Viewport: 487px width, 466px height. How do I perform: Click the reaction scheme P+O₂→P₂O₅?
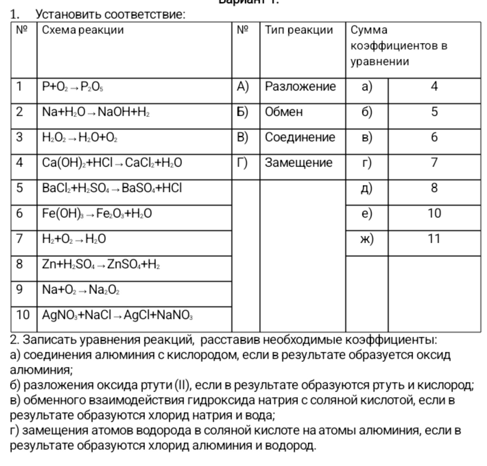click(73, 87)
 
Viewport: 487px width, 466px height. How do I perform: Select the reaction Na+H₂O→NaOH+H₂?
click(96, 112)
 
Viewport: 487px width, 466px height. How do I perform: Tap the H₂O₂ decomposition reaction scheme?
click(80, 137)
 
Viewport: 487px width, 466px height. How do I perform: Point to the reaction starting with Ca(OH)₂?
click(112, 163)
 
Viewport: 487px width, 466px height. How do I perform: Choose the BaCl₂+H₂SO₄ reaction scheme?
click(112, 188)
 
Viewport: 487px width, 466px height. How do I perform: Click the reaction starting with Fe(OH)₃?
click(97, 214)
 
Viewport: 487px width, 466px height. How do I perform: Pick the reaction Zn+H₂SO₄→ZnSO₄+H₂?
click(101, 264)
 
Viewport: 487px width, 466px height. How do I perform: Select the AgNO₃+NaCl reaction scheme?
click(117, 315)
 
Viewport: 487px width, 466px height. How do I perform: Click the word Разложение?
click(300, 86)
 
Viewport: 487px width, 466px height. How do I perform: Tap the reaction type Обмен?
click(284, 112)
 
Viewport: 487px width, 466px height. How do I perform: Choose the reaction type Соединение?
click(300, 137)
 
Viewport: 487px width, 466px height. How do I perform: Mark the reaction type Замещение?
click(299, 163)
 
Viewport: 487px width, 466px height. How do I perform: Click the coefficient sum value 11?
click(434, 239)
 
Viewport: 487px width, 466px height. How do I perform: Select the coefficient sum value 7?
click(434, 163)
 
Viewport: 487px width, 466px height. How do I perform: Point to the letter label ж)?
click(367, 239)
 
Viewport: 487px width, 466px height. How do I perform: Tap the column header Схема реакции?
click(83, 30)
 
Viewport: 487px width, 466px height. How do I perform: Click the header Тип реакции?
click(299, 30)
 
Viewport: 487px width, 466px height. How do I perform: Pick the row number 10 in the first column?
click(23, 315)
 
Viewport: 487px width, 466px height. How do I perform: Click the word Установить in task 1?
click(68, 14)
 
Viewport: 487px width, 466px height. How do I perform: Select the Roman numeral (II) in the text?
click(182, 385)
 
